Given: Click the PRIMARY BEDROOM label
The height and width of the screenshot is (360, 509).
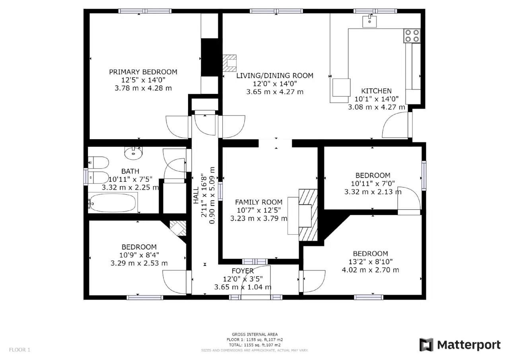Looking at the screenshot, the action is (x=143, y=72).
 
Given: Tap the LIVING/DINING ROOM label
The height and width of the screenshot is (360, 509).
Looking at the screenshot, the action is (x=275, y=76).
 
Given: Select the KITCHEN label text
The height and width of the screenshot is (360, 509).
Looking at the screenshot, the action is (x=376, y=91).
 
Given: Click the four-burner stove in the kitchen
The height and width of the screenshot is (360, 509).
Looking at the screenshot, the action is (x=412, y=36).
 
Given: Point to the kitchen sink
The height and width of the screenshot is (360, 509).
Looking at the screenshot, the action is (x=369, y=21).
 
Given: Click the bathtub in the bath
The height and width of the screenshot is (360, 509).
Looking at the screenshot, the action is (x=113, y=203).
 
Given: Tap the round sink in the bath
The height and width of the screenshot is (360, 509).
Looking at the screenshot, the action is (x=133, y=153).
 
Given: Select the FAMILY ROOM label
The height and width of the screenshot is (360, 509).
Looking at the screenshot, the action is (x=258, y=202).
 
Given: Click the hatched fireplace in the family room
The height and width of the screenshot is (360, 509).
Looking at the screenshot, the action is (x=308, y=215).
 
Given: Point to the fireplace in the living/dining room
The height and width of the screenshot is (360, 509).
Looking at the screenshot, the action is (x=229, y=63).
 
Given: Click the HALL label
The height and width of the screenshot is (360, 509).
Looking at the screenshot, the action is (x=196, y=195).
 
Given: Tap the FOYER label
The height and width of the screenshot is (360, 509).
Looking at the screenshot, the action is (x=243, y=271).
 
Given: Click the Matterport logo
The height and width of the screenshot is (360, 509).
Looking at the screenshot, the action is (x=460, y=345).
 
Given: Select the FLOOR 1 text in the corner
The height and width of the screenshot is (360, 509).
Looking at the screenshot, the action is (x=19, y=350).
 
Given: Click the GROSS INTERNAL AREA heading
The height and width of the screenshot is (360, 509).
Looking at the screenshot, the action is (x=255, y=334).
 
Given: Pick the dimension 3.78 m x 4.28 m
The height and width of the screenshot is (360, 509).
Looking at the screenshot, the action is (x=143, y=88).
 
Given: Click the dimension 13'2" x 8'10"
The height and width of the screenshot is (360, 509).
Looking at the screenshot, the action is (x=370, y=262).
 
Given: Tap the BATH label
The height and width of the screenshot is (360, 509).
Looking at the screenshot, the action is (x=130, y=171).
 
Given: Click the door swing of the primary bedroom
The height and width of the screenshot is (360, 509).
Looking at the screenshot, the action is (x=177, y=127).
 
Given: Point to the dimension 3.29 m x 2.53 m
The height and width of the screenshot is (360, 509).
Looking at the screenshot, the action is (x=139, y=263).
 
